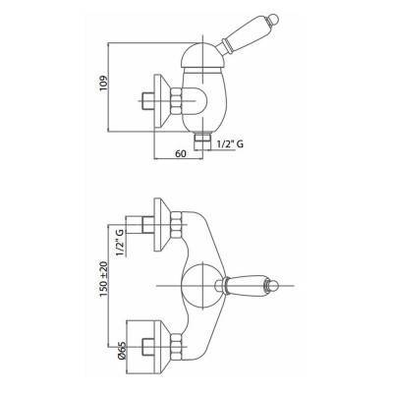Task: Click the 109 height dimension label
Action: [103, 84]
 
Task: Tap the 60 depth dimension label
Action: [180, 153]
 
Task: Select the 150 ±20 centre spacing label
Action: [103, 279]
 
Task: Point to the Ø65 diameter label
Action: [121, 351]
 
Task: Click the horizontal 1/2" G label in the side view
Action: [231, 143]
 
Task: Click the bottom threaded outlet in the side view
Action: [202, 140]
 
